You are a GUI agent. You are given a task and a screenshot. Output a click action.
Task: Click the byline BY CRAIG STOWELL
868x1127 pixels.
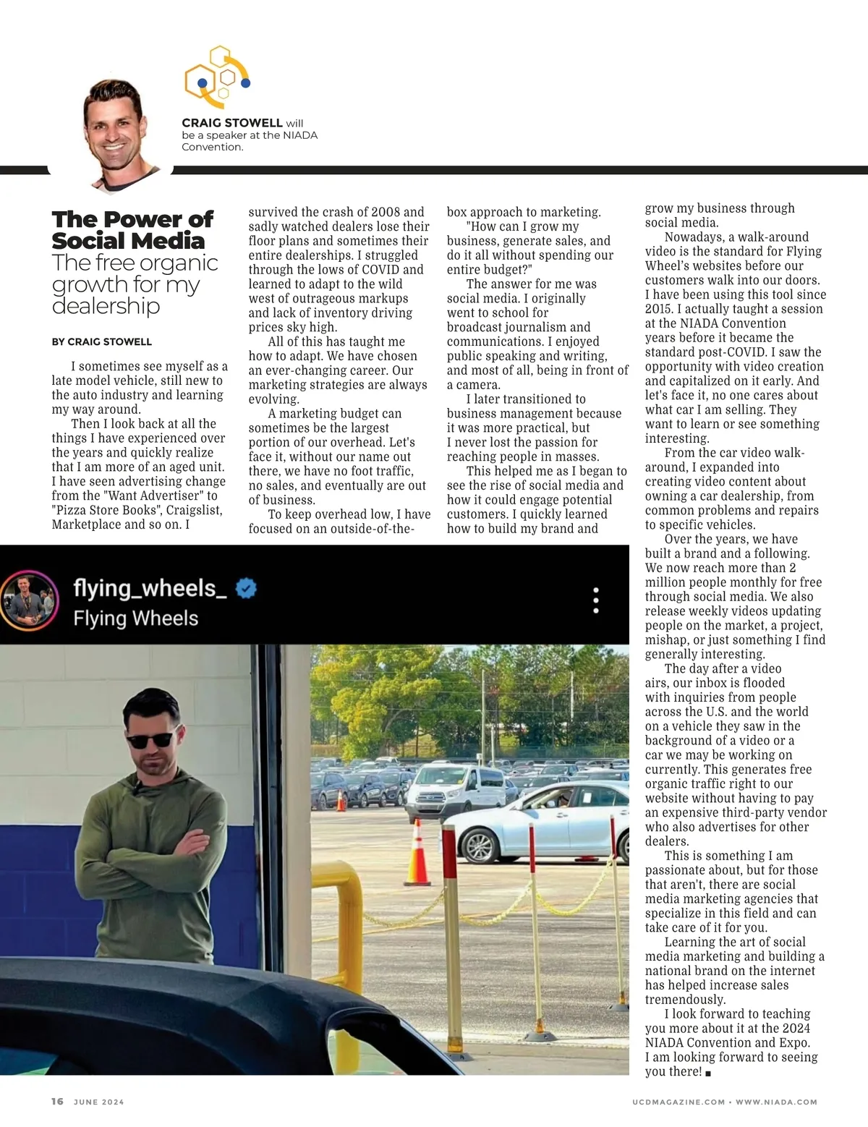point(102,341)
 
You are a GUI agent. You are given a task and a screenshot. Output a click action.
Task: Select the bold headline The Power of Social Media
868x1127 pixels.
point(132,229)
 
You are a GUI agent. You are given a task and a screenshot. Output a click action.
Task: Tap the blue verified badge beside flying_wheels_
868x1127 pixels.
point(247,589)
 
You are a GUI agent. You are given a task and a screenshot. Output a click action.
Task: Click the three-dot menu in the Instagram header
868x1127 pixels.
point(596,600)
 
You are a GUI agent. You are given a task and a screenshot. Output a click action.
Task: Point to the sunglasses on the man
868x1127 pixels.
point(150,740)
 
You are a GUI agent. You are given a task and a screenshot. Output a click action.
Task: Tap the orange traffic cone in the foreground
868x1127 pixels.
point(417,852)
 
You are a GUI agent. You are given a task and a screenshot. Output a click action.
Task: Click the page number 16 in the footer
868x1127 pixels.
point(58,1102)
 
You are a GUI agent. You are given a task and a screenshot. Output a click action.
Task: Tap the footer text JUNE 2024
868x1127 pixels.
point(99,1102)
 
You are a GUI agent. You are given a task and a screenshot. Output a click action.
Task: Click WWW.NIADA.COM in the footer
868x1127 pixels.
point(776,1102)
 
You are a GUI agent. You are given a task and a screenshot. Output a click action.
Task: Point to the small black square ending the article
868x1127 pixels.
point(708,1073)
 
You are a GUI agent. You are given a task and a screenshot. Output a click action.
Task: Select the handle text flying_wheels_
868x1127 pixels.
point(150,588)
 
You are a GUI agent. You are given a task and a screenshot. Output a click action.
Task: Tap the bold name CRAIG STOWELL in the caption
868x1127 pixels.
point(231,123)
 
